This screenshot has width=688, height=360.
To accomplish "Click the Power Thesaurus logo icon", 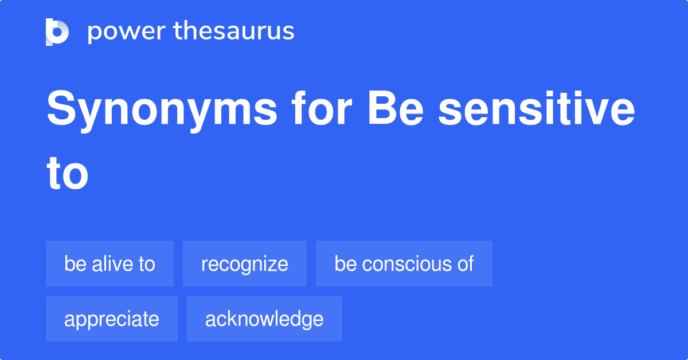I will [x=57, y=32].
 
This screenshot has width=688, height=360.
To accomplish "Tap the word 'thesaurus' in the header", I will [x=234, y=32].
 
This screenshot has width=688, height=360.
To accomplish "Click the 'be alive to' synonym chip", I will [x=110, y=264].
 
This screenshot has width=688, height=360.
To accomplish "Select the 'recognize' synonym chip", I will [x=245, y=264].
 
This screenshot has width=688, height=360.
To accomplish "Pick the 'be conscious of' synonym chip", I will [x=404, y=264].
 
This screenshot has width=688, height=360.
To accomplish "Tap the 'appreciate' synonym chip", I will [x=112, y=319].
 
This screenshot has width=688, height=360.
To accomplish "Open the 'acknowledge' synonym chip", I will [x=264, y=319].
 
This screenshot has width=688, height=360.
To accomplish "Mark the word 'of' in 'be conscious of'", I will [x=466, y=264].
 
